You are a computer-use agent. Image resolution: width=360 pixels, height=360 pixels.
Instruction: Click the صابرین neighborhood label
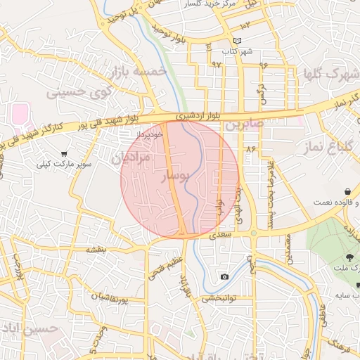coord(244,125)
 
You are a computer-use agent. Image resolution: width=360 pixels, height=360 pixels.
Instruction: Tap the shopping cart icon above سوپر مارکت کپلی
coord(65,154)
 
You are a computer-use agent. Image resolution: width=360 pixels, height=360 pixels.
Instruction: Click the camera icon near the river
coord(224,276)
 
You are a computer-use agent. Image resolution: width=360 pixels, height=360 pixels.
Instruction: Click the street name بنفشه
coord(96,250)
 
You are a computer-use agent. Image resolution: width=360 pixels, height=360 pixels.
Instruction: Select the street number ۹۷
coord(216,64)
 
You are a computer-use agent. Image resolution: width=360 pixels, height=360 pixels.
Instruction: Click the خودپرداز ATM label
coord(149,132)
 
